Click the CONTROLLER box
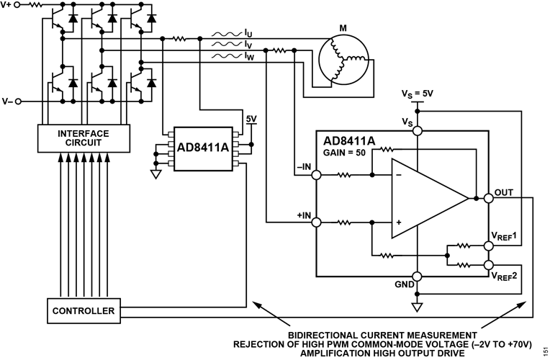pyautogui.click(x=84, y=311)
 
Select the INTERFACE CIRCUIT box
pyautogui.click(x=84, y=138)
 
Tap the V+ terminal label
pyautogui.click(x=6, y=5)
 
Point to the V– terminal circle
pyautogui.click(x=18, y=102)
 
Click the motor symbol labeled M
pyautogui.click(x=344, y=60)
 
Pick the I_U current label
pyautogui.click(x=248, y=34)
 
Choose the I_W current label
pyautogui.click(x=249, y=56)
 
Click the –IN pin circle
pyautogui.click(x=316, y=175)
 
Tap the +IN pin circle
pyautogui.click(x=316, y=222)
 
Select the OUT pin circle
pyautogui.click(x=489, y=199)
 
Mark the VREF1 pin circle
pyautogui.click(x=489, y=246)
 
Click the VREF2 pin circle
pyautogui.click(x=489, y=265)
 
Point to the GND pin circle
pyautogui.click(x=417, y=276)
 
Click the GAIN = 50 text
pyautogui.click(x=344, y=153)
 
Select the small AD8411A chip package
pyautogui.click(x=203, y=149)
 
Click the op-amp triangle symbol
pyautogui.click(x=430, y=199)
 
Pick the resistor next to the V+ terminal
pyautogui.click(x=35, y=5)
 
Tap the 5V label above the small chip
pyautogui.click(x=251, y=119)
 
